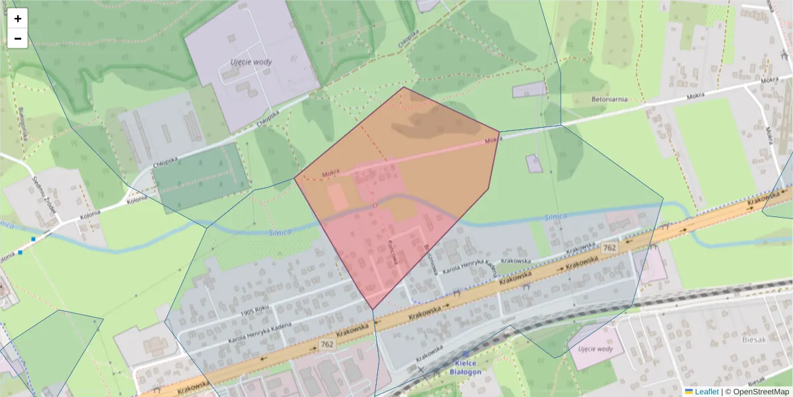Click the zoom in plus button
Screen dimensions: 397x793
tap(18, 19)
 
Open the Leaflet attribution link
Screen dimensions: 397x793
tap(706, 392)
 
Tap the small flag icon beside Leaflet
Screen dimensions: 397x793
tap(689, 392)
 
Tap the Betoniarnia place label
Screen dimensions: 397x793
tap(609, 99)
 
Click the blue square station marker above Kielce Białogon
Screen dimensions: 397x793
tap(467, 355)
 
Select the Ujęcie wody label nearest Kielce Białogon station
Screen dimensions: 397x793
tap(595, 349)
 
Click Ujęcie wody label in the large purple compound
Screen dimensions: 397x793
tap(251, 62)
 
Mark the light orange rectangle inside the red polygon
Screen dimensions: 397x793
tap(337, 198)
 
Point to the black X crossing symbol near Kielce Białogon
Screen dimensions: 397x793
tap(421, 369)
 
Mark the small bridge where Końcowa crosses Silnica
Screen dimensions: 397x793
tap(375, 205)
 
